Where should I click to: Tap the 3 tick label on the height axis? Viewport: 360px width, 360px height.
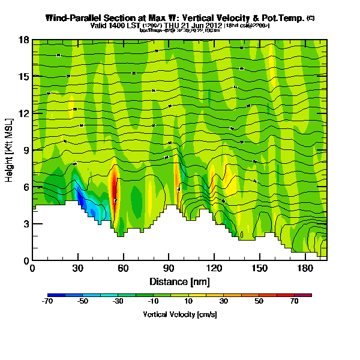pyautogui.click(x=26, y=224)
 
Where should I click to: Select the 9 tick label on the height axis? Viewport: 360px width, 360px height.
pyautogui.click(x=26, y=150)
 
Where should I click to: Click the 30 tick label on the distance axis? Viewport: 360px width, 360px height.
pyautogui.click(x=78, y=269)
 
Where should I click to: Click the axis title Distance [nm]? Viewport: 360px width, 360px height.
pyautogui.click(x=179, y=281)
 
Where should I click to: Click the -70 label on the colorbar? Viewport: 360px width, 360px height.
pyautogui.click(x=49, y=301)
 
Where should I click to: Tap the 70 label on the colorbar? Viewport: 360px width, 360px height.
pyautogui.click(x=294, y=301)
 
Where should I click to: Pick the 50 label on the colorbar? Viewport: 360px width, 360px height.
pyautogui.click(x=259, y=301)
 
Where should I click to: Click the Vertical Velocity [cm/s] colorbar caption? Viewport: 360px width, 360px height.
pyautogui.click(x=179, y=314)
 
